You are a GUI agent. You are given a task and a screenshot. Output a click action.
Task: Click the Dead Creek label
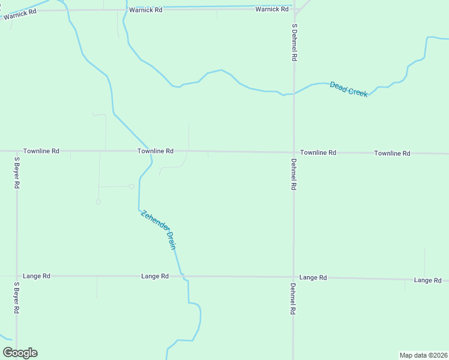point(348,89)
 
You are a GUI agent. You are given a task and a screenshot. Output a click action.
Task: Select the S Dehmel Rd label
point(295,43)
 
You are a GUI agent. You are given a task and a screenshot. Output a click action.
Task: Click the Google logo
point(20,353)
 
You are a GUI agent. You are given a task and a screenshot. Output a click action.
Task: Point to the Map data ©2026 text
point(424,355)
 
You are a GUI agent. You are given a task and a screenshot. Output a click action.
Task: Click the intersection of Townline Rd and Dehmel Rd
point(294,152)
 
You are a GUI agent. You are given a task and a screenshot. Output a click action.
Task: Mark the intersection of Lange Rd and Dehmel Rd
point(294,277)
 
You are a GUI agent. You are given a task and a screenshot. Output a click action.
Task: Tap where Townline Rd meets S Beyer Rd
point(16,151)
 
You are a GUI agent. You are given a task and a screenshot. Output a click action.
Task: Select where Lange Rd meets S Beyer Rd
point(17,276)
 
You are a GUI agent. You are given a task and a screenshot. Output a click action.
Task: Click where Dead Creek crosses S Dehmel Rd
point(294,94)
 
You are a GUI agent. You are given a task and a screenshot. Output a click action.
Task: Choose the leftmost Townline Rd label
point(41,151)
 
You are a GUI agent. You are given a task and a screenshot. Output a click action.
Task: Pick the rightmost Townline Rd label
point(392,154)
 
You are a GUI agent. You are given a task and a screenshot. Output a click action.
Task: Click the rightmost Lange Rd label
point(428,280)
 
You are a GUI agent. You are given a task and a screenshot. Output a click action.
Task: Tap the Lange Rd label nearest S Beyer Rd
point(37,276)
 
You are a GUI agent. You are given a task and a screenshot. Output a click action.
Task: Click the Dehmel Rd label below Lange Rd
point(294,300)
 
